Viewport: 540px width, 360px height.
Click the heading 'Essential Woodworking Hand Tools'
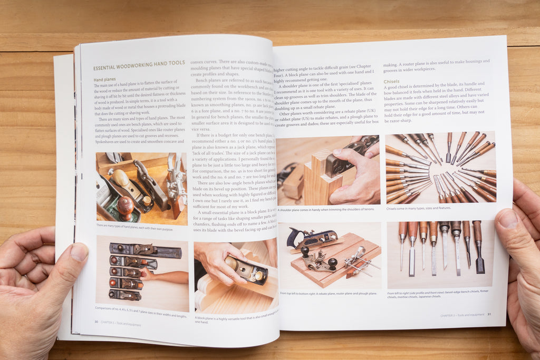point(139,65)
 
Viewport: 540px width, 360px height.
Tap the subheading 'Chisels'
point(391,82)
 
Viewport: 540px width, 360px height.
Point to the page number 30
point(96,321)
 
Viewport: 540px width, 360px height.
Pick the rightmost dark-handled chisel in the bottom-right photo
point(478,247)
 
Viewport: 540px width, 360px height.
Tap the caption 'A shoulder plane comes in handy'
point(325,210)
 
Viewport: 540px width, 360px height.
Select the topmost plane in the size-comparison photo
point(144,250)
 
